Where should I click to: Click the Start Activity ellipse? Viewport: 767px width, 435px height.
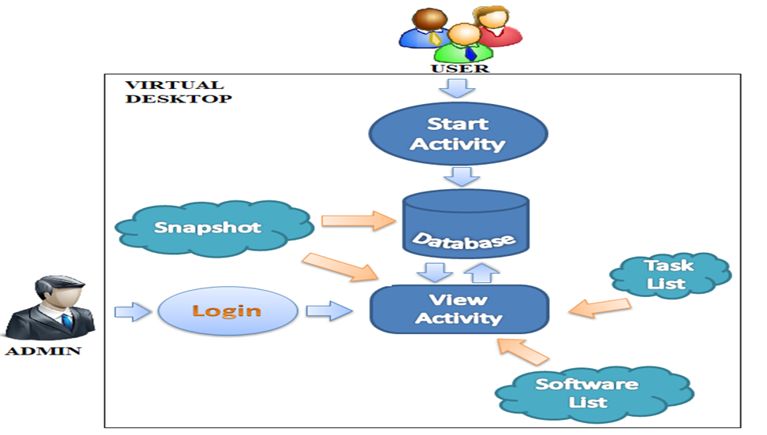point(457,134)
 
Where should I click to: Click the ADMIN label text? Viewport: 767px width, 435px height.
point(44,350)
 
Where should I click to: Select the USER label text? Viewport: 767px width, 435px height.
point(459,68)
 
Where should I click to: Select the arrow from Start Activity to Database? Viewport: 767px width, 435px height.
point(459,174)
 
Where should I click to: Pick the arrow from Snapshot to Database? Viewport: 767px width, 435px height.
point(358,218)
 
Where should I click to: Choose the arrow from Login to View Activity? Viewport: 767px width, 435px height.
point(328,312)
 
